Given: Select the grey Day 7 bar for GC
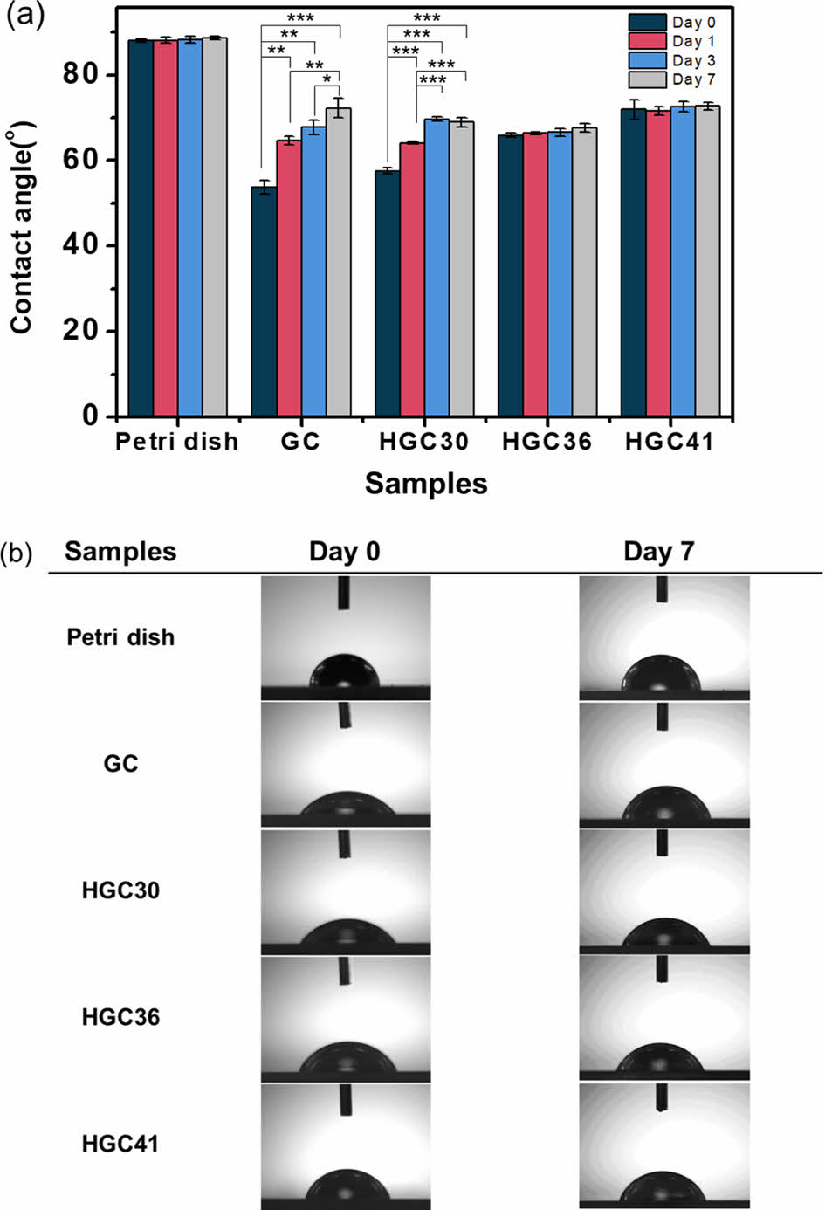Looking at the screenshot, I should coord(339,262).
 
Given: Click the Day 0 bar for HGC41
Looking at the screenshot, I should coord(633,262).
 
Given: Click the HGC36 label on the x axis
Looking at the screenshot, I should coord(547,442).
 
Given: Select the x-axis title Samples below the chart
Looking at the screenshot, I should coord(426,483).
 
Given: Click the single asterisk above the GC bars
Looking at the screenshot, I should coord(327,79).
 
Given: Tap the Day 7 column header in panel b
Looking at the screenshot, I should coord(658,552).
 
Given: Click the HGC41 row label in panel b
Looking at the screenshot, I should coord(120,1144).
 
